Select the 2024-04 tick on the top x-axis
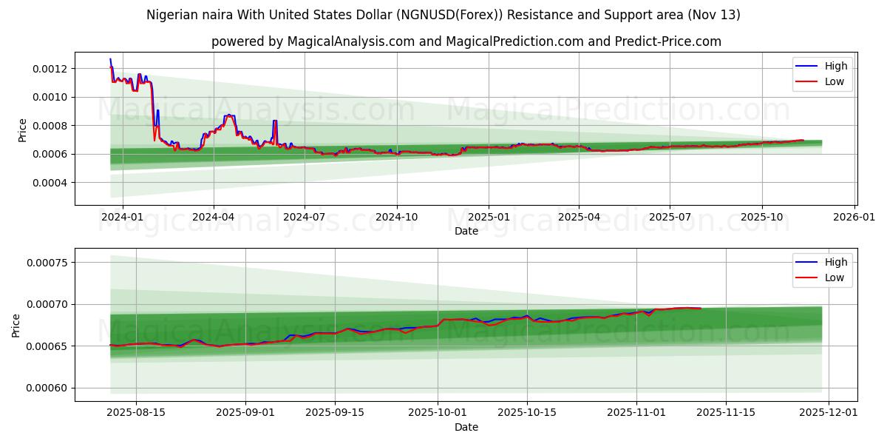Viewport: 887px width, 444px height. click(214, 217)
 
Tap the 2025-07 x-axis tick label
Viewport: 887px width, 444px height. click(670, 217)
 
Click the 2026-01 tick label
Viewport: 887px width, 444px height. click(854, 217)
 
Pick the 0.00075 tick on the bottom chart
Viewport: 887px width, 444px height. click(47, 263)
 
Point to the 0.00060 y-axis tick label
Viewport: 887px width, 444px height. click(47, 388)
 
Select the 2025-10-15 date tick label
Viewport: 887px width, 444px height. click(527, 413)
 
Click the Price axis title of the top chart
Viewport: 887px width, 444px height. click(22, 129)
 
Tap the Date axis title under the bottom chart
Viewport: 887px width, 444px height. click(466, 427)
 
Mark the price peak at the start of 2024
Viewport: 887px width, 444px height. click(110, 59)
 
